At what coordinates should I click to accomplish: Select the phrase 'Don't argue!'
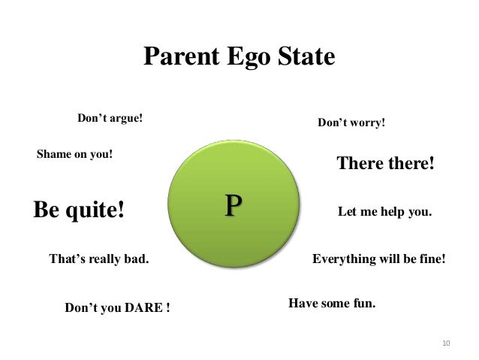(x=110, y=119)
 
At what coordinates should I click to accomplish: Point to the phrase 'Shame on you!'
(x=75, y=155)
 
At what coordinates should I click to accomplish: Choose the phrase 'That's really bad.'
(x=98, y=260)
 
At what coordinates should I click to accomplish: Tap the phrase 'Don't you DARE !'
(x=117, y=308)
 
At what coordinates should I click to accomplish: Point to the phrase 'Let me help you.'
(x=385, y=213)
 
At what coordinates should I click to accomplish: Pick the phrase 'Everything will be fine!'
(x=378, y=260)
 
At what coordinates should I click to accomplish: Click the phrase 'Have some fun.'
(x=331, y=304)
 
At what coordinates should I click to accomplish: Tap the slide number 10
(x=445, y=343)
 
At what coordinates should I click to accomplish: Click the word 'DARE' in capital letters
(x=143, y=308)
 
